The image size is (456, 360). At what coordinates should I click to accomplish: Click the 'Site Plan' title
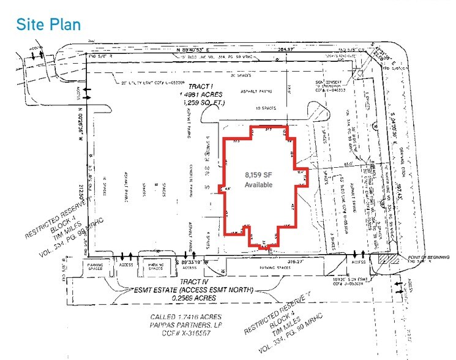tap(48, 24)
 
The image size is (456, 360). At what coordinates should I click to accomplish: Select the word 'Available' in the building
tap(258, 184)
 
